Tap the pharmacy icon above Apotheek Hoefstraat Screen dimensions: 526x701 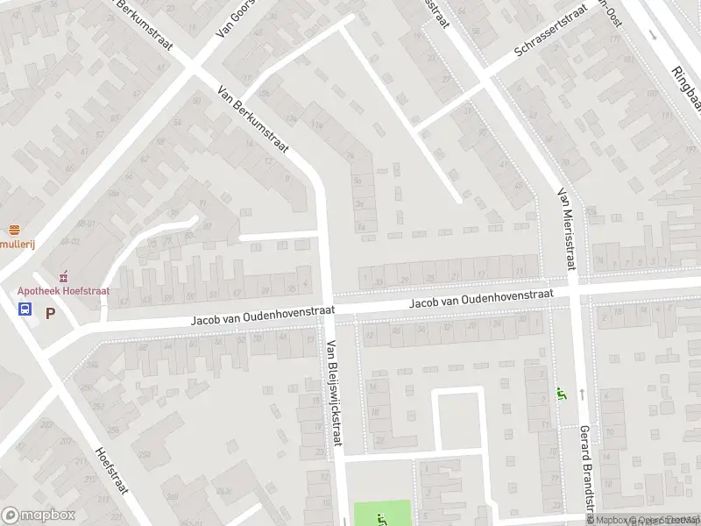(62, 276)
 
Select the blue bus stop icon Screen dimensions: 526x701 (25, 309)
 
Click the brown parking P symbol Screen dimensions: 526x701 (50, 312)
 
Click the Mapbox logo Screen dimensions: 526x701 (38, 515)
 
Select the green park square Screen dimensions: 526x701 (382, 513)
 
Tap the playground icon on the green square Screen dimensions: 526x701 (379, 518)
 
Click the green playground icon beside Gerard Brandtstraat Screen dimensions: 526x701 (561, 395)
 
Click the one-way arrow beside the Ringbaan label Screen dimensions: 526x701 (653, 35)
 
